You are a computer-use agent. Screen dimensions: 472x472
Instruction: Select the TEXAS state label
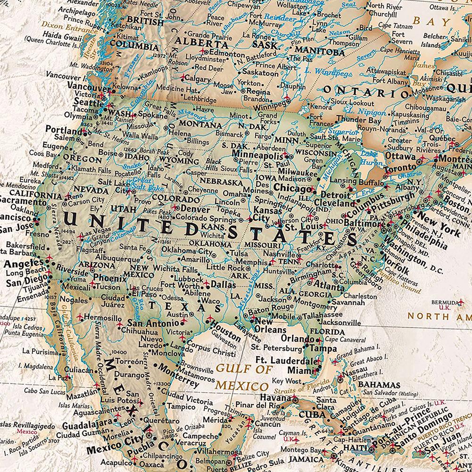[184, 307]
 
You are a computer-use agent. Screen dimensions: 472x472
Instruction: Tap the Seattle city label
[88, 103]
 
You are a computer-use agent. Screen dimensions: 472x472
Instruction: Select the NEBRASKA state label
[221, 181]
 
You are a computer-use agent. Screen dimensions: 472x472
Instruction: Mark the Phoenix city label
[109, 278]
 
